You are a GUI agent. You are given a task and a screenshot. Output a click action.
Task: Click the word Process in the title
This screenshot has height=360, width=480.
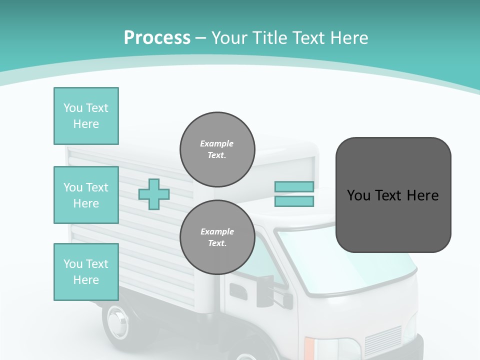coord(157,38)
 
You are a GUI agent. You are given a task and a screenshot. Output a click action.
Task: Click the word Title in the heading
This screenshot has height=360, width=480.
coord(269,38)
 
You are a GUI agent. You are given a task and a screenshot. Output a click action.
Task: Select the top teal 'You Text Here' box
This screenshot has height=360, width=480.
coord(86,116)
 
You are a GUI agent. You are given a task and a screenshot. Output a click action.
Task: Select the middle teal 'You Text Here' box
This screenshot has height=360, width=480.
coord(86,195)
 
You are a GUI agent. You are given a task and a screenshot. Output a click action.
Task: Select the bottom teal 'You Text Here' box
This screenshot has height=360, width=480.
coord(86,272)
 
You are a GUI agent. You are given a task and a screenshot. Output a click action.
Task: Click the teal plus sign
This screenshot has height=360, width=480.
coord(154,194)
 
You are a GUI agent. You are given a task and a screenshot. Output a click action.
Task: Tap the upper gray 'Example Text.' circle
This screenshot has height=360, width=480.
coord(217,149)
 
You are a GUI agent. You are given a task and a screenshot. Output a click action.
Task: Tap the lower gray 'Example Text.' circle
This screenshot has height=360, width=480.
coord(217,237)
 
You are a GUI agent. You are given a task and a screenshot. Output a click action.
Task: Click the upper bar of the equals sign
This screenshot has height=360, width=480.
coord(294,187)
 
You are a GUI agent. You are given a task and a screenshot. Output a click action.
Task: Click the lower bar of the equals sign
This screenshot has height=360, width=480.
coord(294,201)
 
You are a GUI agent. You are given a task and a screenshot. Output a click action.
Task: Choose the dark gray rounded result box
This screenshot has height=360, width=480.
coord(393,195)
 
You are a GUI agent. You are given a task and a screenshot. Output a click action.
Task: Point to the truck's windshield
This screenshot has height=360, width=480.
coord(345,260)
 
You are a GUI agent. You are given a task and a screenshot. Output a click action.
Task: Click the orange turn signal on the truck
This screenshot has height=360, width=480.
coord(310,348)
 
